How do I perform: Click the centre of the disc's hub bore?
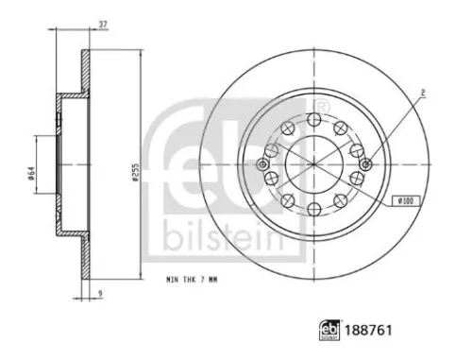(x=313, y=163)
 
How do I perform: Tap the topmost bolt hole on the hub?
(x=313, y=118)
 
